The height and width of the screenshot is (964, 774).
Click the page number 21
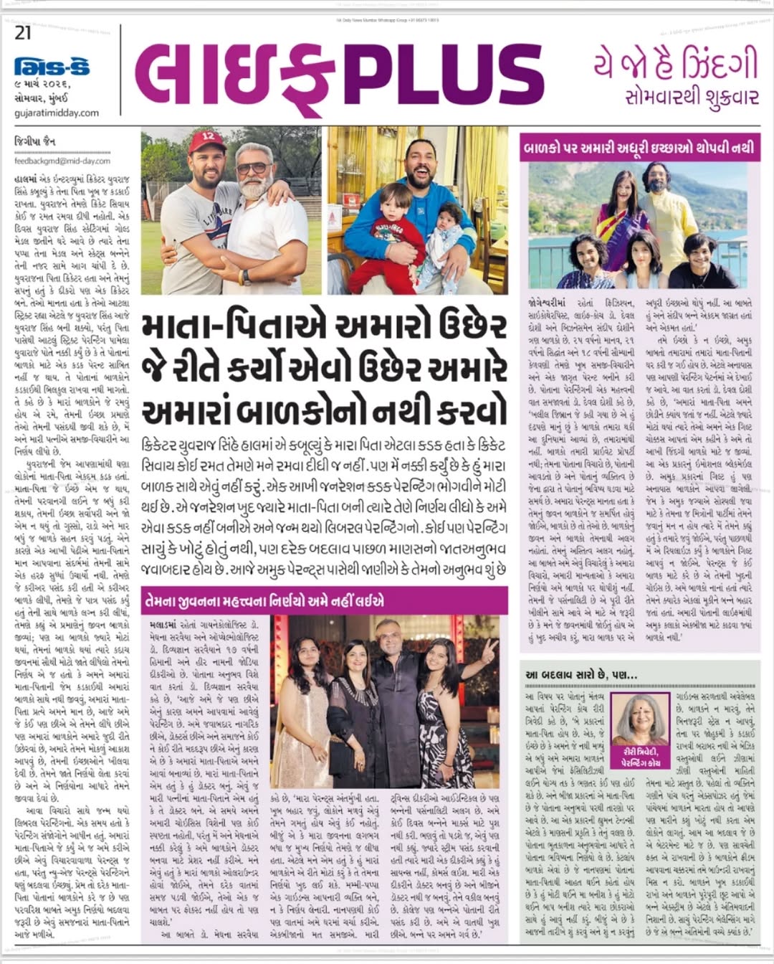[x=23, y=32]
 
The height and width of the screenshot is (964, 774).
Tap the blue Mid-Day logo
[x=52, y=68]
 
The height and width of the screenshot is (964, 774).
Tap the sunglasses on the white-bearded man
[x=253, y=169]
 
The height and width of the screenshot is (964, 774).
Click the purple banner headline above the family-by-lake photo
[x=640, y=148]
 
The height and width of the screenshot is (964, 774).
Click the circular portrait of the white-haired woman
[x=637, y=718]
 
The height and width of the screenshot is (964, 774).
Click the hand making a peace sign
[x=489, y=651]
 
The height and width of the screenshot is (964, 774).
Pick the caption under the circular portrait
[x=636, y=758]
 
